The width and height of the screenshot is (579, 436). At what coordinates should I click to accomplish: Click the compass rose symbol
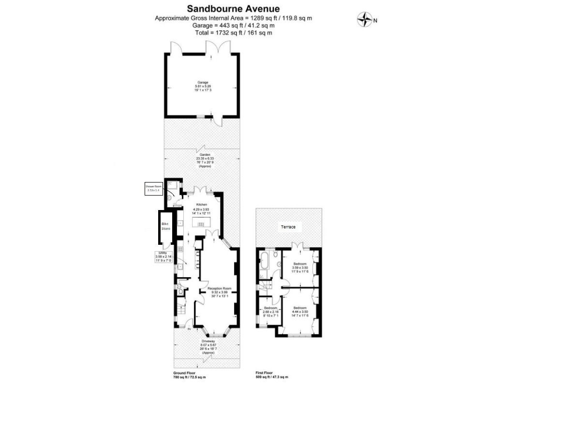[x=365, y=20]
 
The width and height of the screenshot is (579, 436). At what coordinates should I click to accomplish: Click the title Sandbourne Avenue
[x=233, y=9]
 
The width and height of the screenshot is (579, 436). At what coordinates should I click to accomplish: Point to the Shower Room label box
[x=154, y=188]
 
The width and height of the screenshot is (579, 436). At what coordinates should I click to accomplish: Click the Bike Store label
[x=166, y=226]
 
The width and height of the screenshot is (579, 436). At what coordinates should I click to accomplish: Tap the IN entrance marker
[x=189, y=330]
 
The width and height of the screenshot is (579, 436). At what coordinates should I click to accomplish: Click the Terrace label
[x=288, y=227]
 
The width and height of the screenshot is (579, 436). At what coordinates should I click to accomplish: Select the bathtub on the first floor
[x=266, y=261]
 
